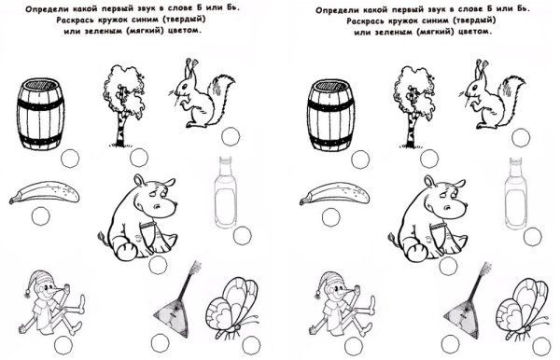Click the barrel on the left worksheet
[x=40, y=114]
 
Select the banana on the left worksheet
[x=44, y=192]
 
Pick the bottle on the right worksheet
[x=516, y=193]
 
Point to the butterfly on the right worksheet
[x=523, y=309]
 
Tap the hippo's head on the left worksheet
[x=155, y=198]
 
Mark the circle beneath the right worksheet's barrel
[x=360, y=159]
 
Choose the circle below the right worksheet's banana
[x=330, y=217]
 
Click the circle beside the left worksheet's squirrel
[x=231, y=137]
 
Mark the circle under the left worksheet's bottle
[x=242, y=236]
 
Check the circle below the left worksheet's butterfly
[x=251, y=346]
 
